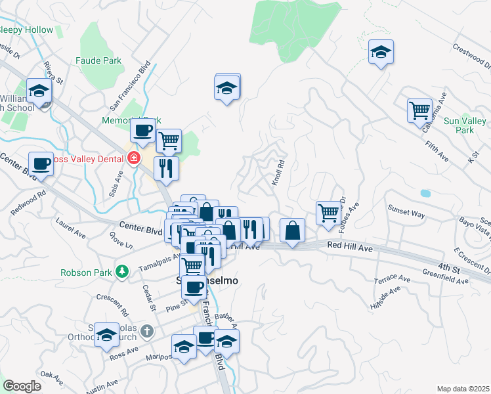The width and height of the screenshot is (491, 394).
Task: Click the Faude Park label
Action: [x=98, y=60]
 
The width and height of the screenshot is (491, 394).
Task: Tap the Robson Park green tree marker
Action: [x=121, y=271]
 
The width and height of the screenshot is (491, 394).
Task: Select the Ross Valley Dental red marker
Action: [x=134, y=158]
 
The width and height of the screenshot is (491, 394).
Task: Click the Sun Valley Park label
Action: [x=465, y=125]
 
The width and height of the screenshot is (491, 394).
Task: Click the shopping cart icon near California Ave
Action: [x=419, y=110]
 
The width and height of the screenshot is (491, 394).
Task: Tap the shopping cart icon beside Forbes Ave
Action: [x=328, y=211]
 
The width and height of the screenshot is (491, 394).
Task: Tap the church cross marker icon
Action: [x=148, y=331]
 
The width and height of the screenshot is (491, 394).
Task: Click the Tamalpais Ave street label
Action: [x=158, y=265]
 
